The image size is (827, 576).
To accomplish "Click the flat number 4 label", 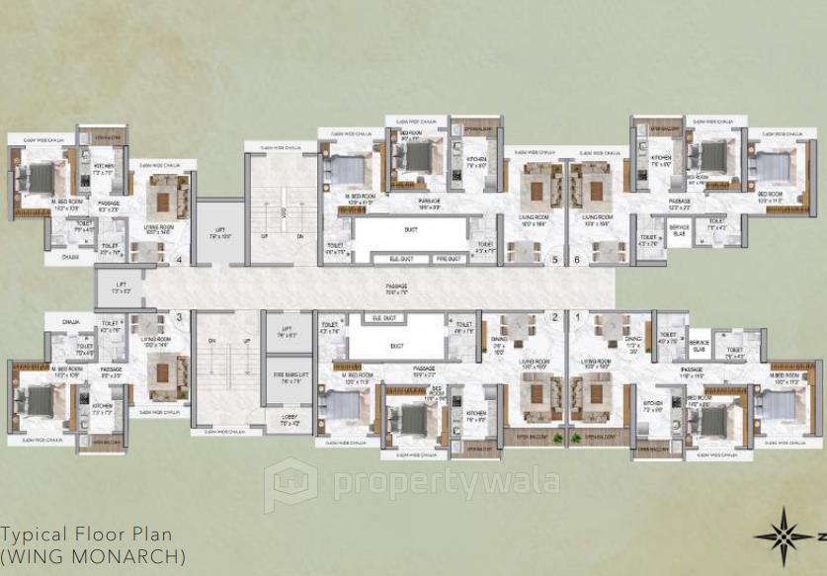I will tap(179, 261).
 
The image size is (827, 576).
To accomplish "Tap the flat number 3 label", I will tap(179, 317).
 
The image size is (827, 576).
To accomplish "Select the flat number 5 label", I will tap(555, 261).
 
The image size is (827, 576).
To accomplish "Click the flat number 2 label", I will tap(555, 317).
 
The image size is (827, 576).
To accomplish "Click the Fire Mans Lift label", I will tap(291, 376).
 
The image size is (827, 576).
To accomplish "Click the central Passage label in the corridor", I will tap(396, 288).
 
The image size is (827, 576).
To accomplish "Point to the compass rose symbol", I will tap(782, 536).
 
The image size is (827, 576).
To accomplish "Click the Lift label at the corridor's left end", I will tap(121, 289).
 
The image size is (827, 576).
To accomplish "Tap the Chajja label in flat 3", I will tap(71, 322).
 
